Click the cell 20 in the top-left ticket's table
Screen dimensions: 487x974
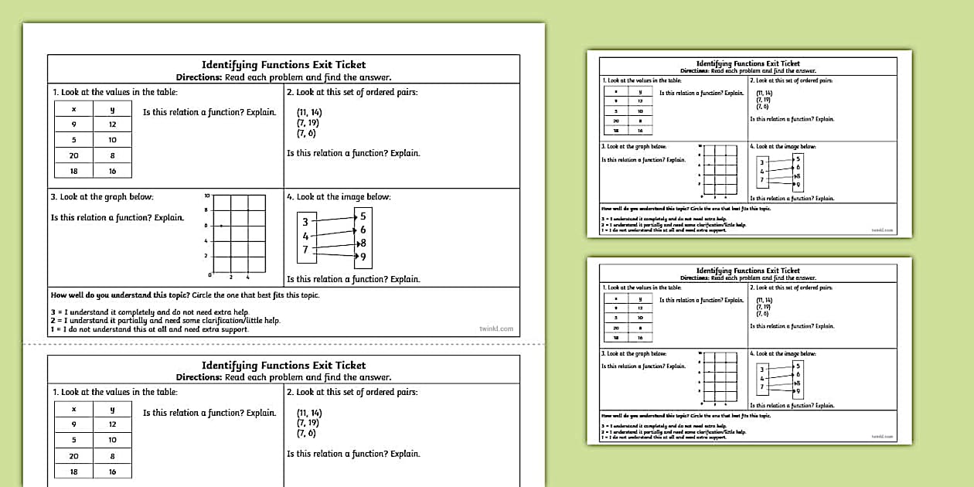coord(73,155)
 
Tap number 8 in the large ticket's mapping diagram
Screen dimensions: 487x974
coord(363,243)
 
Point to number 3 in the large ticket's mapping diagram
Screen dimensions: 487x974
coord(305,222)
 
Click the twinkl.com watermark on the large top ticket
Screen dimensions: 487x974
coord(496,329)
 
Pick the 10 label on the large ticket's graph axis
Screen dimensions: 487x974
coord(206,196)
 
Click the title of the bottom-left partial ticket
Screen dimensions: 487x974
coord(284,365)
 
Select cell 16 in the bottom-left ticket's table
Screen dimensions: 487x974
coord(112,472)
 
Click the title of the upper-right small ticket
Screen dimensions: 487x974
coord(748,63)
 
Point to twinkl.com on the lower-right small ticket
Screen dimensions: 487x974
coord(881,437)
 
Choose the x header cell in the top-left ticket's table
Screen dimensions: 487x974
coord(73,109)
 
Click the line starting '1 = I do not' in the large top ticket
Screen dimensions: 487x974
coord(149,329)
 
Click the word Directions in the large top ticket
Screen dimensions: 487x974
coord(199,77)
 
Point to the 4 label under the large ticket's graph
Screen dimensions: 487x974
coord(247,277)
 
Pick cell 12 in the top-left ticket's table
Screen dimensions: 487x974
coord(112,124)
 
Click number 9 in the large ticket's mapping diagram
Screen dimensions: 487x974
coord(363,257)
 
